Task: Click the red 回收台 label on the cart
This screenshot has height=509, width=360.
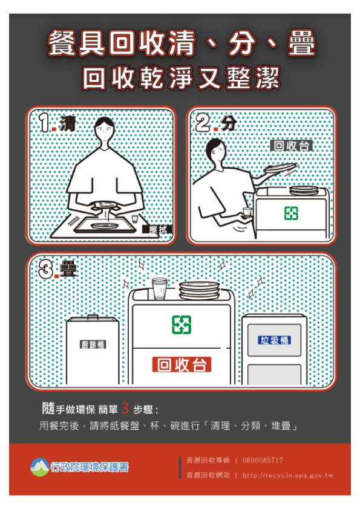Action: (x=182, y=365)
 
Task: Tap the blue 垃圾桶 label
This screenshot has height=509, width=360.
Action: (x=275, y=340)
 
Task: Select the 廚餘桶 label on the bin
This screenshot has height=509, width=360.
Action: (x=93, y=345)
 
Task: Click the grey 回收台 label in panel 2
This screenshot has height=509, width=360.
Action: (x=292, y=146)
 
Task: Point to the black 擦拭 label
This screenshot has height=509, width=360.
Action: (x=157, y=230)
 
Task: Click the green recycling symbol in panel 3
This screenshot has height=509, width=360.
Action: (x=182, y=325)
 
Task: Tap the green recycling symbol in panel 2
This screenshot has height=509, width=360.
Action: (x=291, y=213)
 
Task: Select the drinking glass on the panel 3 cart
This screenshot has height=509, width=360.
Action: (x=160, y=288)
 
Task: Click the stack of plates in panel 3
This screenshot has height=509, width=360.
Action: (x=200, y=290)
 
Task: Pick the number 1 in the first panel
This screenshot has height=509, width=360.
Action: (x=44, y=123)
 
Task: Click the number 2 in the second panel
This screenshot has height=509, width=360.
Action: (x=203, y=123)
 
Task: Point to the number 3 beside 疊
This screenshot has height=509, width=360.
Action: (x=46, y=269)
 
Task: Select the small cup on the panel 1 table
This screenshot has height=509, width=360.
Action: (x=135, y=218)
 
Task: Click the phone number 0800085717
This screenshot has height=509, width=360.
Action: (x=263, y=460)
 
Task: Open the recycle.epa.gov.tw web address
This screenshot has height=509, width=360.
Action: (x=288, y=475)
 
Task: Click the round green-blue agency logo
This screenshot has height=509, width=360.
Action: (x=40, y=467)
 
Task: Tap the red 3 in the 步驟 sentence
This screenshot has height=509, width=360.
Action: (x=125, y=409)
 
